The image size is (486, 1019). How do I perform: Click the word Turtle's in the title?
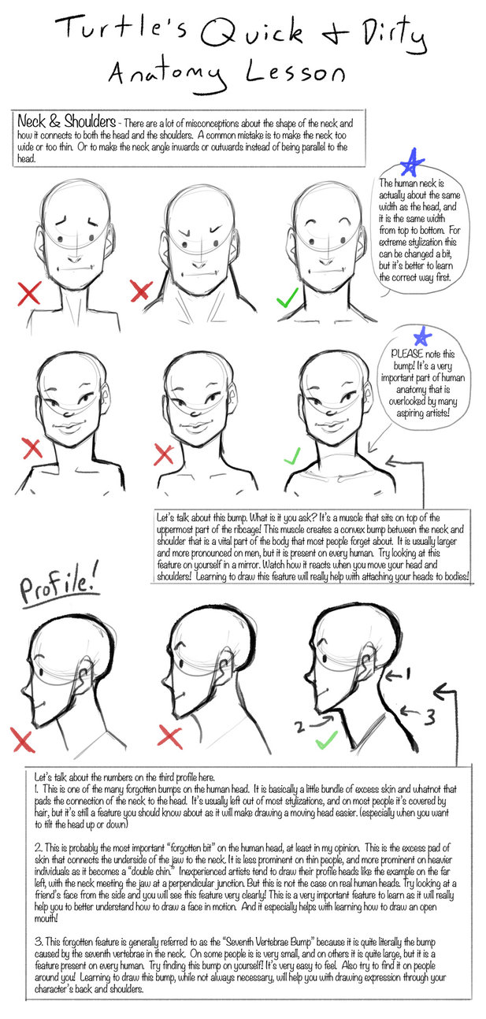121,28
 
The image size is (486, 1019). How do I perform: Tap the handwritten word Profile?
59,587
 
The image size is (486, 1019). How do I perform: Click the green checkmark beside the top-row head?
288,297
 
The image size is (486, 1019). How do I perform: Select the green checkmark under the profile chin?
326,739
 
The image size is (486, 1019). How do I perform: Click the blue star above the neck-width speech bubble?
412,162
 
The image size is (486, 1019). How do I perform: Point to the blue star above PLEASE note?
422,336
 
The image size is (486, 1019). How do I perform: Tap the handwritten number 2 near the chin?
299,727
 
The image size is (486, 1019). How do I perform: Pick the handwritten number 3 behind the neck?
429,717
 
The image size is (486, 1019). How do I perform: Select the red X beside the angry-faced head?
141,291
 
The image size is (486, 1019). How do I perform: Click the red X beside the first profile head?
23,739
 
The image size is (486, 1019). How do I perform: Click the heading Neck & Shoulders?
66,121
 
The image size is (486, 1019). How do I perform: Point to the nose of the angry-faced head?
198,265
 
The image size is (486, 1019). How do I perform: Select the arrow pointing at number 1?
393,676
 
